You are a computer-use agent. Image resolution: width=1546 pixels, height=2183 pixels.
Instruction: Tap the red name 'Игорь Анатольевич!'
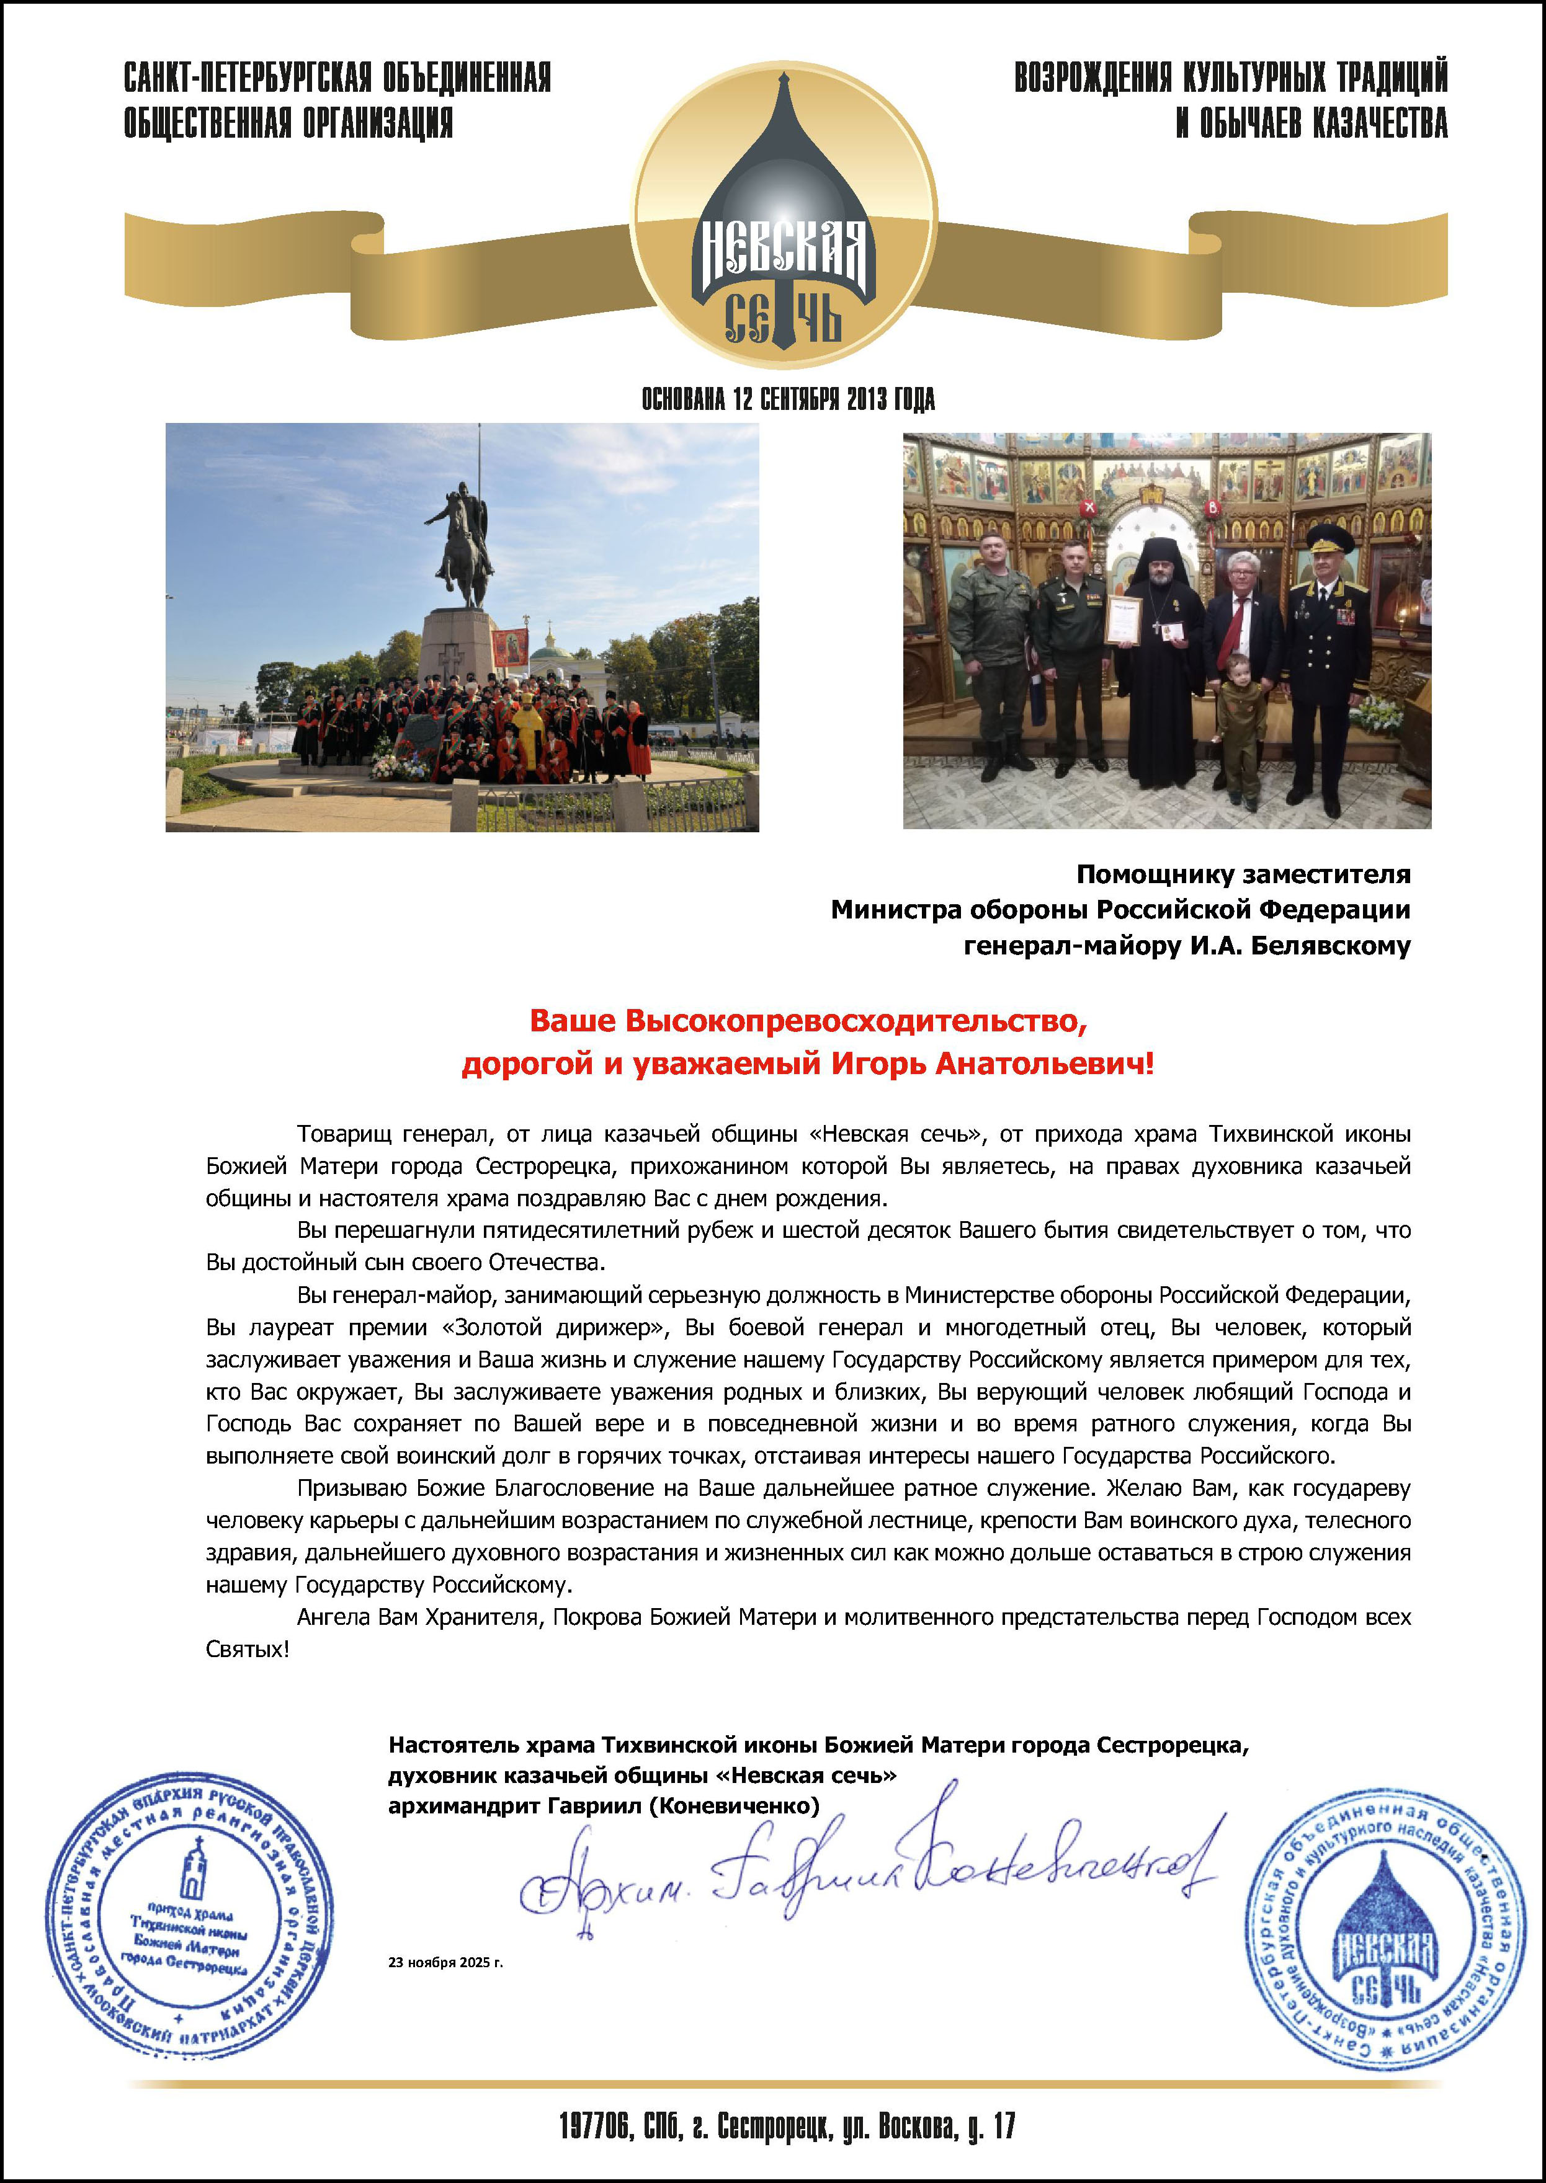pyautogui.click(x=992, y=1063)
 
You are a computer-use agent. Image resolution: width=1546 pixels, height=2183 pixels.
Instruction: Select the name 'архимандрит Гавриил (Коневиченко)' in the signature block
pyautogui.click(x=604, y=1805)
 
